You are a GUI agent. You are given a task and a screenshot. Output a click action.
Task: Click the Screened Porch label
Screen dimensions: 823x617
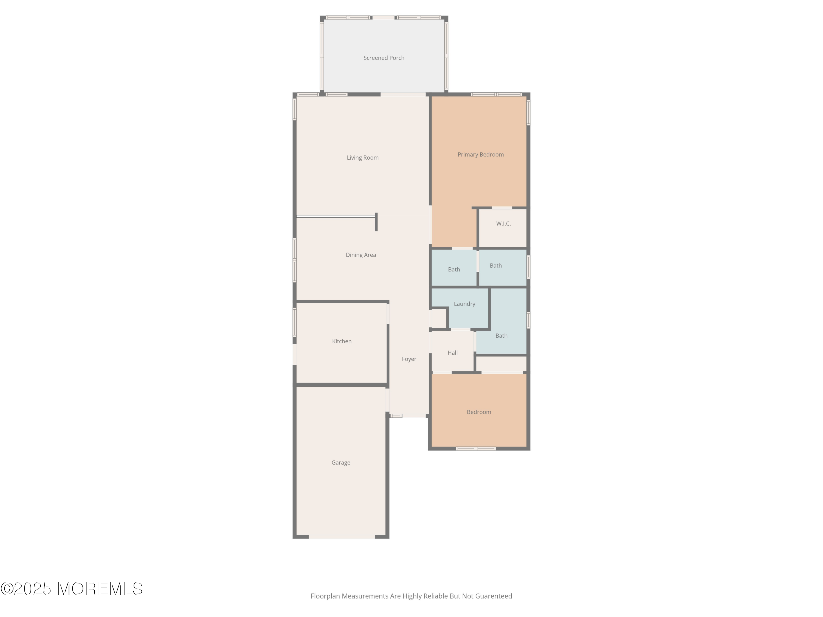click(x=384, y=58)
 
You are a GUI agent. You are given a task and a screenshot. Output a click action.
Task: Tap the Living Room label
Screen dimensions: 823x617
click(x=362, y=158)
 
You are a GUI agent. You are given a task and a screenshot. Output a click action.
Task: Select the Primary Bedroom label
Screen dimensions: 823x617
click(x=480, y=155)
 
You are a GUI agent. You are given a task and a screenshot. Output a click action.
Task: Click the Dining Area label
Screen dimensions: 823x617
click(x=360, y=255)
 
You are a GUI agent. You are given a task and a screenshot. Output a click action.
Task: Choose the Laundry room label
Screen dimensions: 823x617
click(x=464, y=304)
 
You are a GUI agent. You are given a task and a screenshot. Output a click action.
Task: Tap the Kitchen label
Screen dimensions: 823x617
click(x=342, y=341)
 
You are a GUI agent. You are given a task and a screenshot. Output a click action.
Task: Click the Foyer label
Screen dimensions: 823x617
click(x=409, y=359)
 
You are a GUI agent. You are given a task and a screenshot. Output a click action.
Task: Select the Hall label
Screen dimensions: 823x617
click(x=452, y=353)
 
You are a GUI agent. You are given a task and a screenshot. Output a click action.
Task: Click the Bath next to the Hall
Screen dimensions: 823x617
click(x=501, y=336)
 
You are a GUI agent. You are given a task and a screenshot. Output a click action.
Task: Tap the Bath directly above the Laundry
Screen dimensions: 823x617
click(x=454, y=270)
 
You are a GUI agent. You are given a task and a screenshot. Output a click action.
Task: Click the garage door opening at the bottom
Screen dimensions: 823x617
click(x=342, y=537)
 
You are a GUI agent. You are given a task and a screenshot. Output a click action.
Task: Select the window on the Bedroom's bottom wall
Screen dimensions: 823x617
click(x=476, y=449)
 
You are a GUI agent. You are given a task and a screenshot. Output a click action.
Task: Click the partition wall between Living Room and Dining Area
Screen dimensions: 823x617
click(x=336, y=216)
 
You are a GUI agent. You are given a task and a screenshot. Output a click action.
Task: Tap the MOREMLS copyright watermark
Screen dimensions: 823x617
click(x=71, y=589)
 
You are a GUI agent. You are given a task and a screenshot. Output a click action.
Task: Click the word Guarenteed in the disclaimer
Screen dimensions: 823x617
click(x=493, y=596)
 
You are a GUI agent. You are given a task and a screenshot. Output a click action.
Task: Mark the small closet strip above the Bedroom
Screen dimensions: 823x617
click(x=501, y=364)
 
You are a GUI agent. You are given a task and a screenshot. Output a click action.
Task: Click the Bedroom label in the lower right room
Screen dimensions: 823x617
click(x=478, y=412)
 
